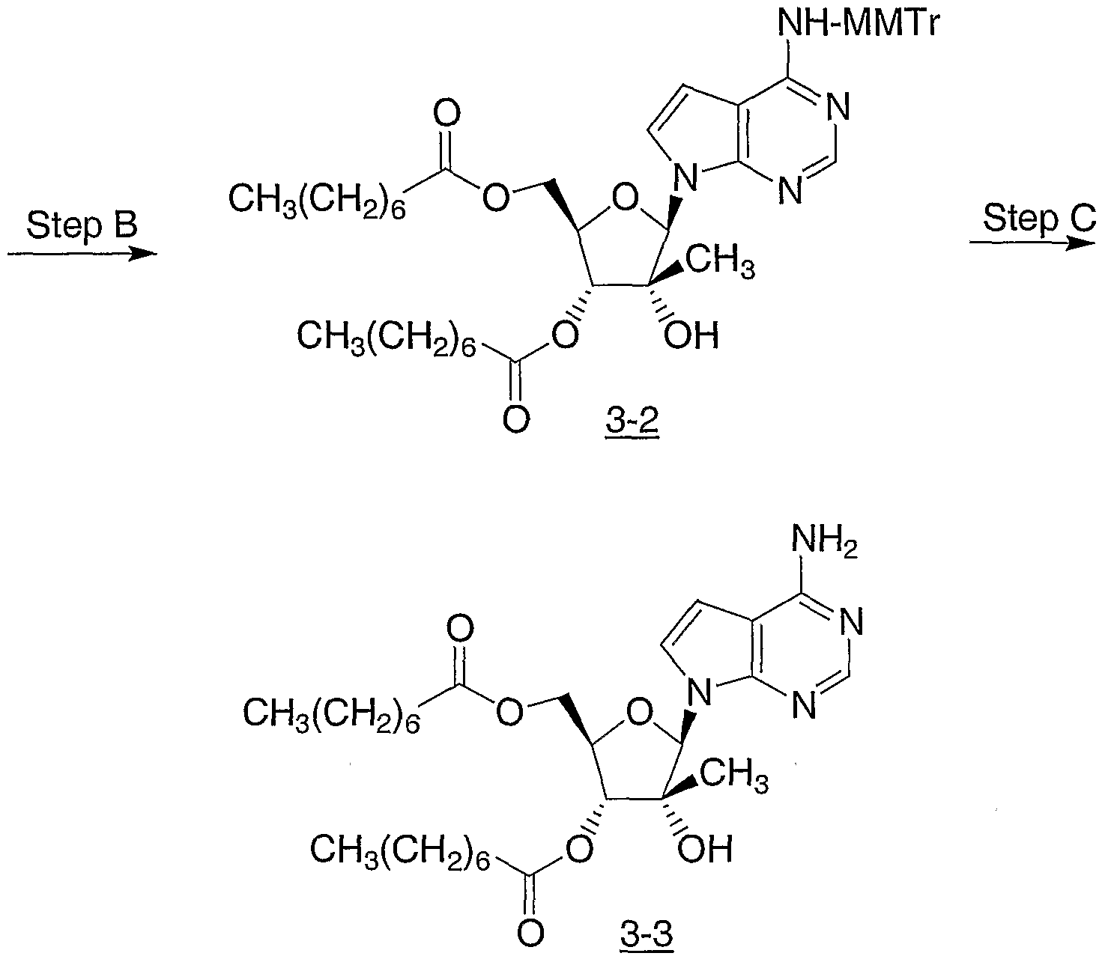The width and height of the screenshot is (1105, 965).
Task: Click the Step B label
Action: (x=82, y=225)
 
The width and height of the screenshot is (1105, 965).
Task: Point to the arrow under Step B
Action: (x=82, y=253)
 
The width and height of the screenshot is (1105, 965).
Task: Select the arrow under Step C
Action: (x=1032, y=243)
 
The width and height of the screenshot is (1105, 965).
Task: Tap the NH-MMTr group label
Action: (x=859, y=24)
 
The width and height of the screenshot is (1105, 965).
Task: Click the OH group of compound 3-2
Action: (x=691, y=335)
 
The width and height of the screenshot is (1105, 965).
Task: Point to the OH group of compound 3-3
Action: (x=706, y=850)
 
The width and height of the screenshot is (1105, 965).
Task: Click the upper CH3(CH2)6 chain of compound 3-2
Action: (x=318, y=202)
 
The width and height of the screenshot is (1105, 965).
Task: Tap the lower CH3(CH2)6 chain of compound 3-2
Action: (x=387, y=339)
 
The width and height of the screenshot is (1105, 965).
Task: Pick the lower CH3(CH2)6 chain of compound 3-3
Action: (x=400, y=853)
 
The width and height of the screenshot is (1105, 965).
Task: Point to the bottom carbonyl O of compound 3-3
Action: (x=530, y=932)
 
